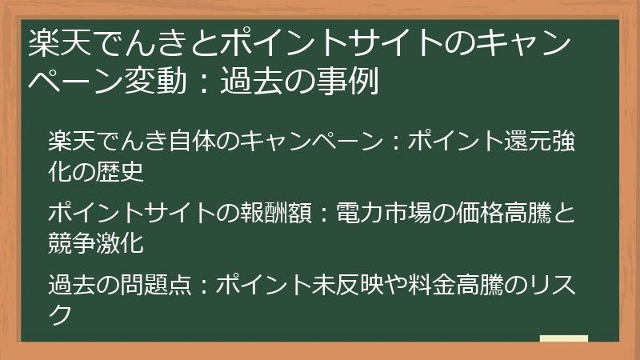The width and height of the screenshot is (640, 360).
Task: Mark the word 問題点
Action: click(x=144, y=284)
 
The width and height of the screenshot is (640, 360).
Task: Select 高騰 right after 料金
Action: click(x=479, y=284)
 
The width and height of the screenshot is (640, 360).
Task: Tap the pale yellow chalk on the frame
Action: click(x=563, y=339)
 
